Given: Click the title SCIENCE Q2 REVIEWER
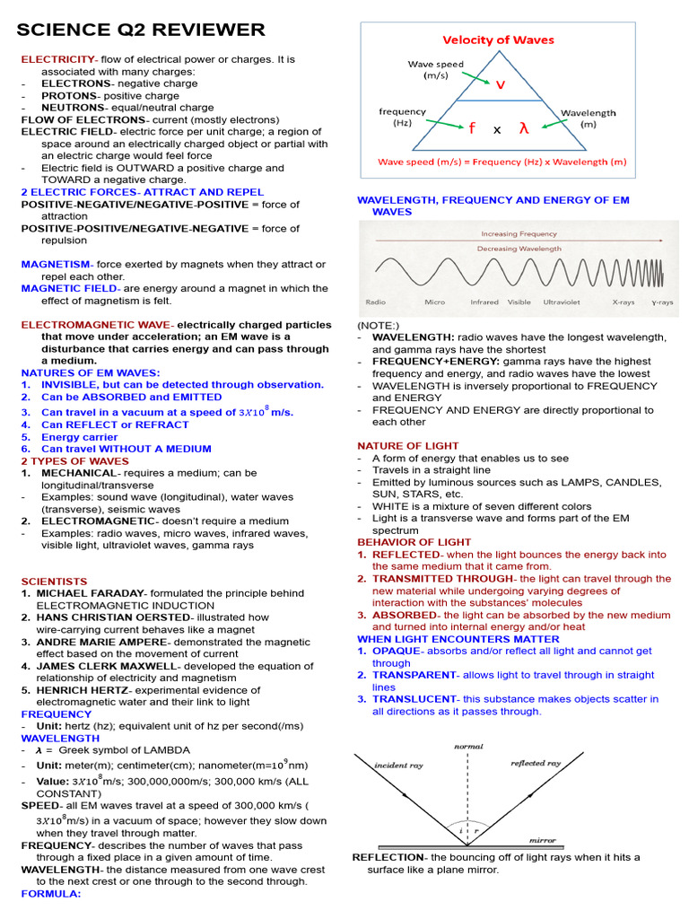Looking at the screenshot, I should [x=142, y=31].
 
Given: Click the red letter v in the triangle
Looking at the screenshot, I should [x=500, y=83].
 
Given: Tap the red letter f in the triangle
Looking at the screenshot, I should [x=471, y=128].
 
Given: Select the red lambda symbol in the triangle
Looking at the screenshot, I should [x=524, y=128].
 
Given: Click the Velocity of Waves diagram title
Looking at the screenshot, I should [x=498, y=39].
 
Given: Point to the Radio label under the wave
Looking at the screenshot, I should [x=376, y=302].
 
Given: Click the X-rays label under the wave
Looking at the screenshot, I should [x=623, y=302].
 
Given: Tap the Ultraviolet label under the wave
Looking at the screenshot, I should [x=562, y=302].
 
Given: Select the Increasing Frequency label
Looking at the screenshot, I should [x=519, y=233].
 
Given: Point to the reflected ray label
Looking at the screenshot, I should [x=536, y=764].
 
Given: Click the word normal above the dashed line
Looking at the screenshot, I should [x=468, y=747].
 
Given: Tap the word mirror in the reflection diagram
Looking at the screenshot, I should [x=542, y=841].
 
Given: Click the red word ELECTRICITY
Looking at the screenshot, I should [x=57, y=59].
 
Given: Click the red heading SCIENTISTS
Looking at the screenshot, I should [x=54, y=582].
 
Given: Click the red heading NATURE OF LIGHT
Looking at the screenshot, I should [x=407, y=445].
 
